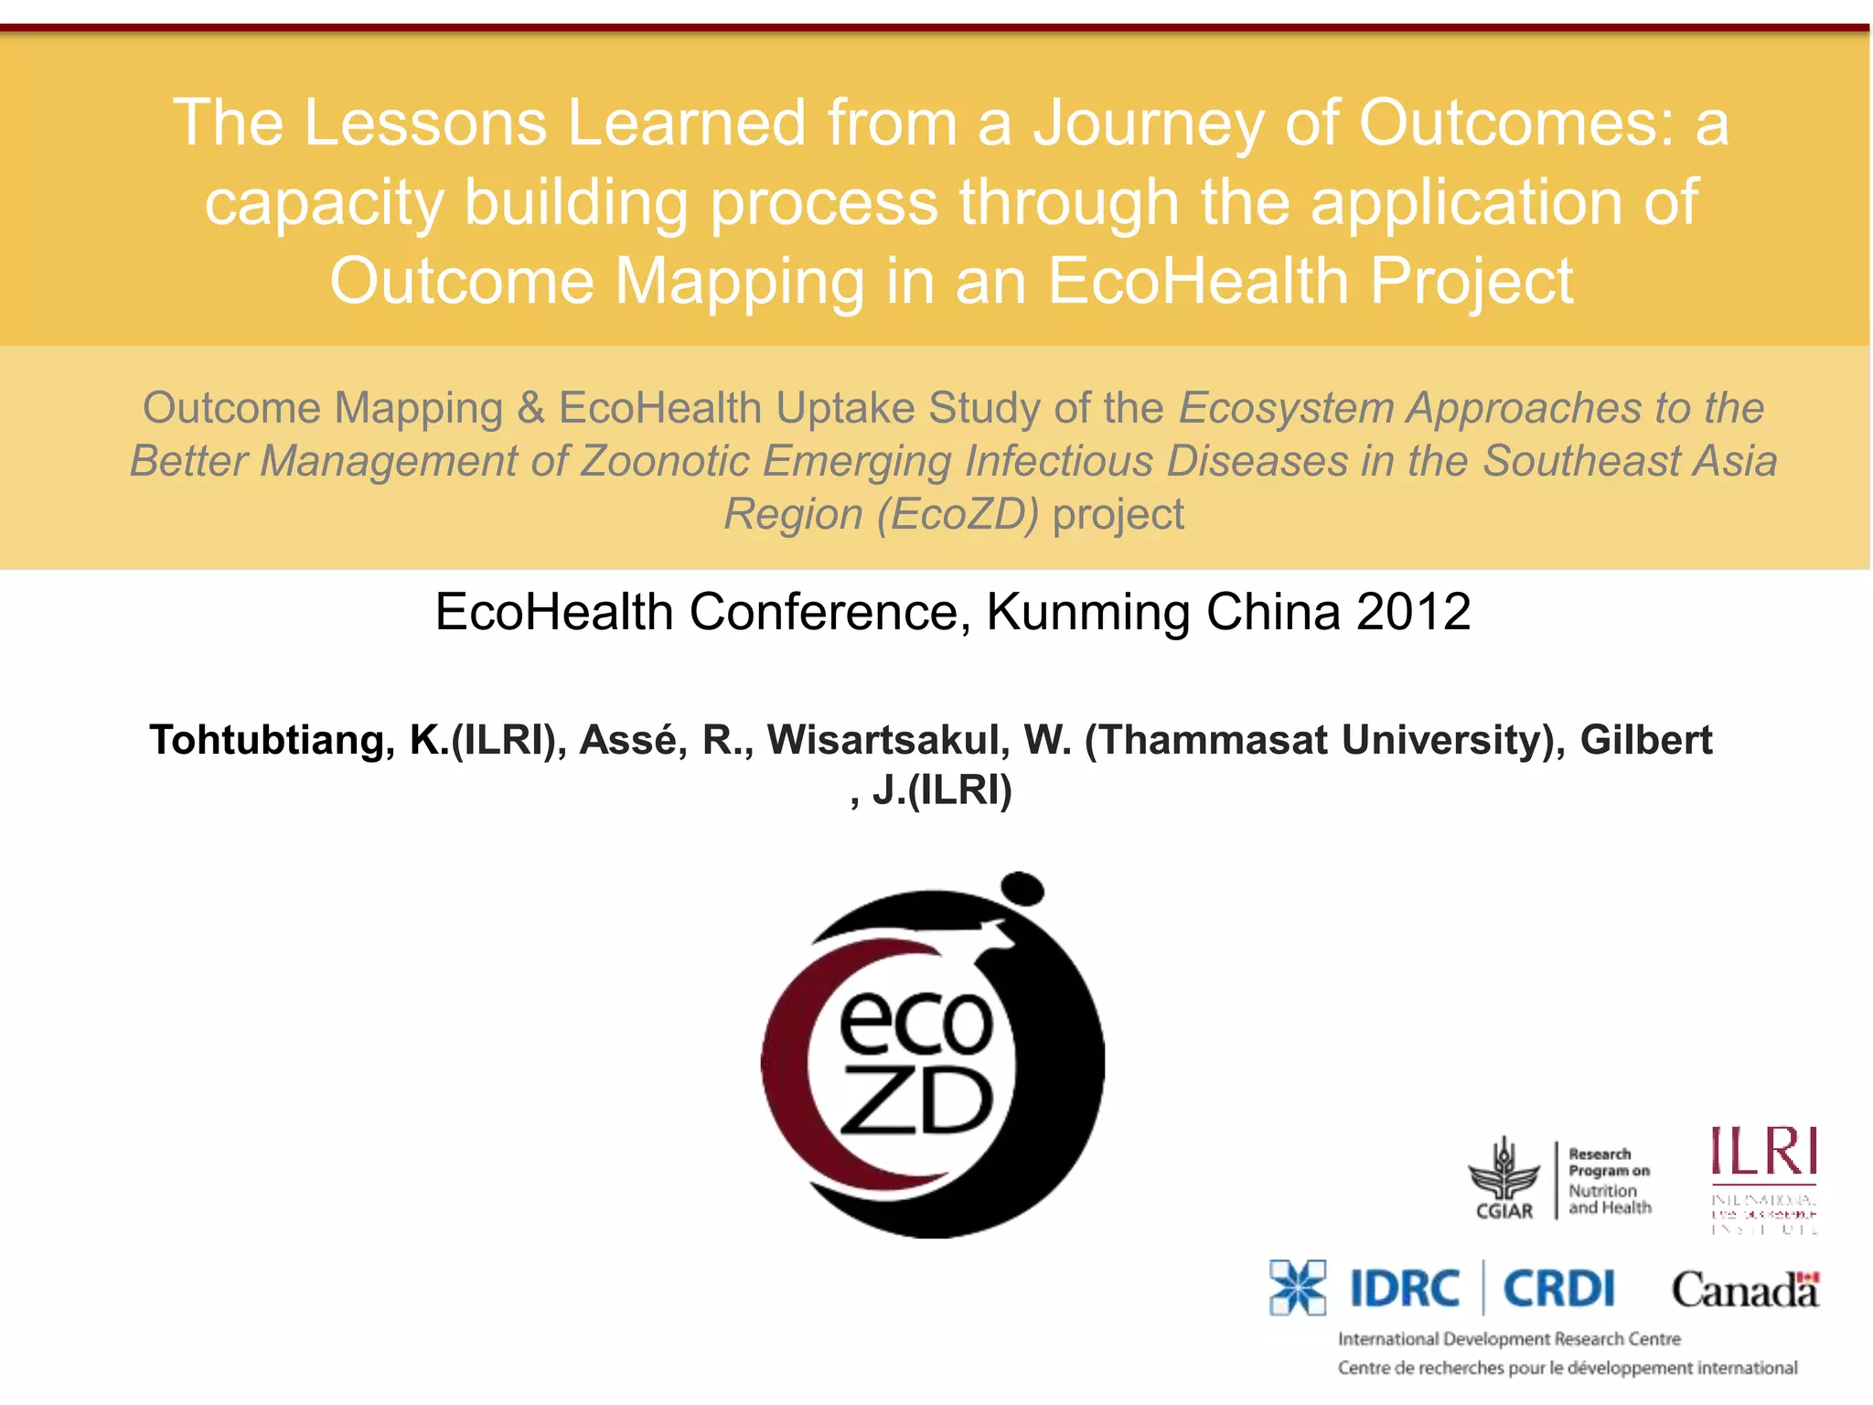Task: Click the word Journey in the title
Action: click(1148, 124)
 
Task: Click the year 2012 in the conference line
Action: click(1413, 612)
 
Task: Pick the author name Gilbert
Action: click(1645, 740)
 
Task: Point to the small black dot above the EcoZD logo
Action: click(1022, 888)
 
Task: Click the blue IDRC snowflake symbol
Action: click(1298, 1288)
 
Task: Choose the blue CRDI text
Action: click(1559, 1290)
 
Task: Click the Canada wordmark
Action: click(1745, 1291)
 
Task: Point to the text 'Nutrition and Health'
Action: click(1609, 1199)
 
